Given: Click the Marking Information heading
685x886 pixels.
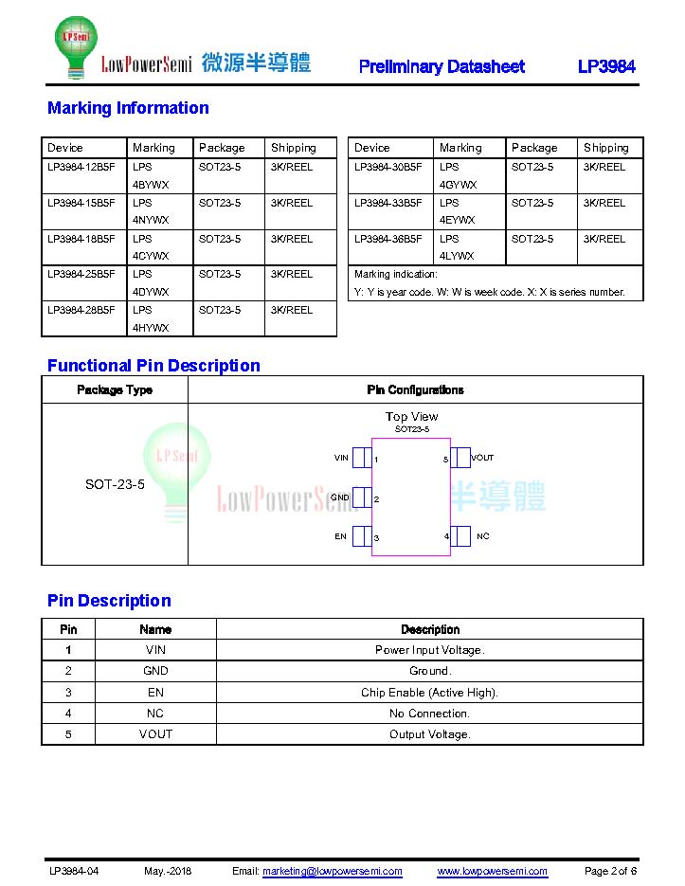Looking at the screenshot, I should pos(128,108).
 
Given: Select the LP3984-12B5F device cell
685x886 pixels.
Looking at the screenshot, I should pos(81,167).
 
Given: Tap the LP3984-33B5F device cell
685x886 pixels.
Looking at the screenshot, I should pos(388,203).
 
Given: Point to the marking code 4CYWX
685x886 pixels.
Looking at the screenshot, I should pos(151,256).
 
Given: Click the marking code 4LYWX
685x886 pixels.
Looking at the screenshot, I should pos(458,256).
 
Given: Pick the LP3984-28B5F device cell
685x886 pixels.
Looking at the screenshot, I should pos(81,310).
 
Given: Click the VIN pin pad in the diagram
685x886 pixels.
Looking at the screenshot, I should pos(362,458).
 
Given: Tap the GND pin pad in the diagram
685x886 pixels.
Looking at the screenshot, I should pos(362,497).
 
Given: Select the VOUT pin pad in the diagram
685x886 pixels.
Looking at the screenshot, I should pos(460,458).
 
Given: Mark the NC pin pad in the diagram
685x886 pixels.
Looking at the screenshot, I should pos(460,536).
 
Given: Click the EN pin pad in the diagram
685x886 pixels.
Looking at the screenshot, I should pos(362,536).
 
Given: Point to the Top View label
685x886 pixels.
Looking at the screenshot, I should pos(411,417).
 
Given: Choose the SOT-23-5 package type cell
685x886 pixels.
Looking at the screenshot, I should pos(115,484).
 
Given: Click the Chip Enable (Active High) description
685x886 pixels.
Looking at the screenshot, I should pos(429,693).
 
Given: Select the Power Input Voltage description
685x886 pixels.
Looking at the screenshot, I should pos(429,650).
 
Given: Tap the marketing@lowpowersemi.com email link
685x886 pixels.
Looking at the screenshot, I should pos(332,871).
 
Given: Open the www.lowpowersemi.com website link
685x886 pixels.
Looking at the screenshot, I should pos(492,871).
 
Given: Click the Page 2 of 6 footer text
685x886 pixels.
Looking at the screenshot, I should pos(610,871).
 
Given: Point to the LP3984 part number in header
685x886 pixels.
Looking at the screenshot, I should pos(606,66).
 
